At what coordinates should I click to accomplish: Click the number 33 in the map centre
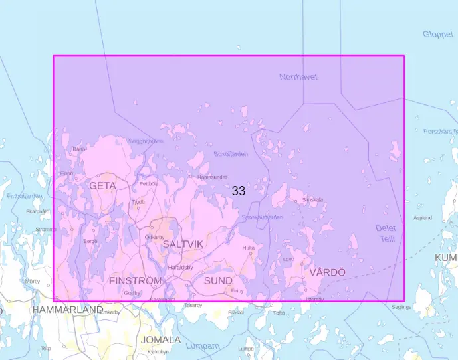(239, 191)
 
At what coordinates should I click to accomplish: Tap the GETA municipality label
(102, 186)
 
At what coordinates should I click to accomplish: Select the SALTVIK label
(183, 244)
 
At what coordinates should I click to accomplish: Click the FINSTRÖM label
(135, 281)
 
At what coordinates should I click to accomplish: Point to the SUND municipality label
(218, 281)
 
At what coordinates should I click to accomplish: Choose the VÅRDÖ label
(327, 272)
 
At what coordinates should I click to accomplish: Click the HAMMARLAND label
(68, 310)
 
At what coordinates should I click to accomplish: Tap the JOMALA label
(160, 340)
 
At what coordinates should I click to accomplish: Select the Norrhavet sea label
(298, 77)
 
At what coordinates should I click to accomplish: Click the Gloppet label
(438, 34)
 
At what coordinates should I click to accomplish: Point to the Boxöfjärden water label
(231, 154)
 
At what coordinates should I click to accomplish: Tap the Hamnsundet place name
(213, 177)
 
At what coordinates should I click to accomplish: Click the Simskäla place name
(312, 199)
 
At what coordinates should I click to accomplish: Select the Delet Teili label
(386, 232)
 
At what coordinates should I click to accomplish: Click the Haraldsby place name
(180, 268)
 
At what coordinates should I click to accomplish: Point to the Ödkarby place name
(154, 237)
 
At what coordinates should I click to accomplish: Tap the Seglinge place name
(401, 307)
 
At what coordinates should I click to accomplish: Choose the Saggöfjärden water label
(146, 141)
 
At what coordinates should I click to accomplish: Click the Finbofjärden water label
(25, 196)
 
